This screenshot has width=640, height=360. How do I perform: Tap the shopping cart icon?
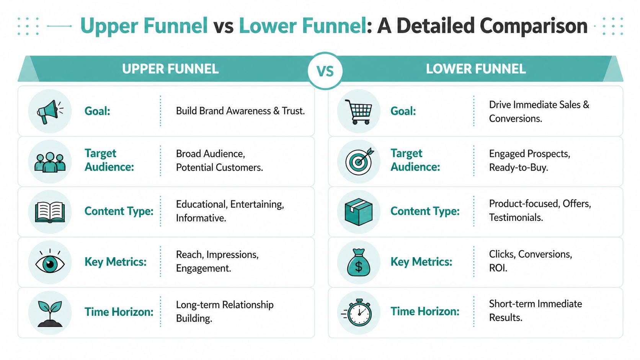click(x=358, y=111)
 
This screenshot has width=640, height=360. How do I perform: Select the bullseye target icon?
click(x=359, y=161)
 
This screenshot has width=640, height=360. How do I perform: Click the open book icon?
click(x=50, y=212)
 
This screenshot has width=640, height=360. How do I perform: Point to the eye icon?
click(x=50, y=263)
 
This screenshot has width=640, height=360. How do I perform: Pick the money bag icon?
click(x=359, y=263)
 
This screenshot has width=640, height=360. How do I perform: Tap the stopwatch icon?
click(x=358, y=313)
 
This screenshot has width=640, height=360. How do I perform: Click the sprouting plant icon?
click(x=50, y=313)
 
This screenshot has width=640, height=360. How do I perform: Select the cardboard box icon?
click(x=359, y=212)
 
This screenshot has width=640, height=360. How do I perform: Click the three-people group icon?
click(x=50, y=162)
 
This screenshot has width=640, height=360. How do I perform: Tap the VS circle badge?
click(x=325, y=71)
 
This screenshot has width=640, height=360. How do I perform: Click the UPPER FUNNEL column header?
click(x=170, y=69)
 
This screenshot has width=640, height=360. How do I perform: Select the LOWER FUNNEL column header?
click(x=476, y=69)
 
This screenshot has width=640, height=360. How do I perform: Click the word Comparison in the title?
click(x=534, y=26)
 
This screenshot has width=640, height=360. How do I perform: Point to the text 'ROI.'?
click(x=498, y=268)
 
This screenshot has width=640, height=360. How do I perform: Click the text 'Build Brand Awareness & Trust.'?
click(x=240, y=111)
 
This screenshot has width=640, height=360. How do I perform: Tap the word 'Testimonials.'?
click(x=516, y=218)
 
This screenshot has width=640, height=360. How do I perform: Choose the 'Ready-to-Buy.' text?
click(x=518, y=168)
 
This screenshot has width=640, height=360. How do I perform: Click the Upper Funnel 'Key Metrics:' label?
click(x=116, y=262)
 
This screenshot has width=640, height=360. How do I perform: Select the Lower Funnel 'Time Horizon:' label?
click(x=425, y=312)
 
